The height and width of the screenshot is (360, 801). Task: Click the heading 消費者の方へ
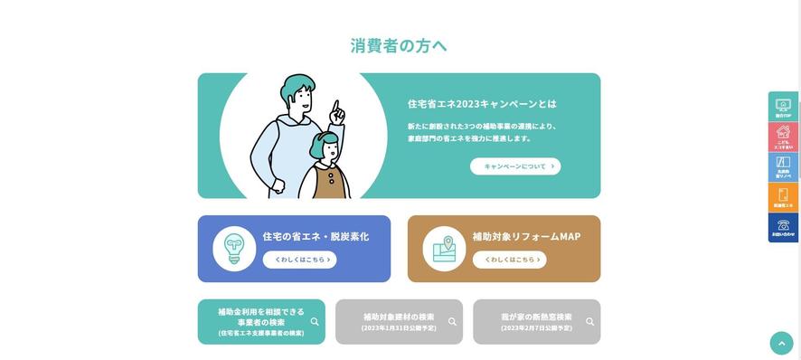(399, 45)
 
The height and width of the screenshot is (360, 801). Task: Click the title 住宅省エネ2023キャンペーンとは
(482, 104)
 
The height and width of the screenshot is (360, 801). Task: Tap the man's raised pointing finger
(337, 109)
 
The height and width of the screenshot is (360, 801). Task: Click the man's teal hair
(298, 88)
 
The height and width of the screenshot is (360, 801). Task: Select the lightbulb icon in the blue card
(234, 249)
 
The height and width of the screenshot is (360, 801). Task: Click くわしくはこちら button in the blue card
(299, 260)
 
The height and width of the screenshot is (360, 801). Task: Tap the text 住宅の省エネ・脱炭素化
(316, 236)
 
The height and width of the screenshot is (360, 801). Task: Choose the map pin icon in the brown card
(444, 249)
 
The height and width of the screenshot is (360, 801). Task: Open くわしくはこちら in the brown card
(509, 260)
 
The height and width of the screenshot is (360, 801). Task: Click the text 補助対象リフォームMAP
(526, 236)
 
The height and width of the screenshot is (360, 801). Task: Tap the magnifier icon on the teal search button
(315, 321)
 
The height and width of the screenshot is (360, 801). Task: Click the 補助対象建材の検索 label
(398, 317)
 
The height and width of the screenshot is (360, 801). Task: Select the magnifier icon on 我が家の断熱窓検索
(589, 321)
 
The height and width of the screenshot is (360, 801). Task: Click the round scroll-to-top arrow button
(781, 343)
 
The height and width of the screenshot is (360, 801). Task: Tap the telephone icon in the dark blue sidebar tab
(783, 224)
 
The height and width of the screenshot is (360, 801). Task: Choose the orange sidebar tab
(783, 197)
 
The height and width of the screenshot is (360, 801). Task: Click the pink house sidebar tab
(783, 136)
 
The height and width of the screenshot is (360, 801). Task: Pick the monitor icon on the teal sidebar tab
(783, 105)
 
